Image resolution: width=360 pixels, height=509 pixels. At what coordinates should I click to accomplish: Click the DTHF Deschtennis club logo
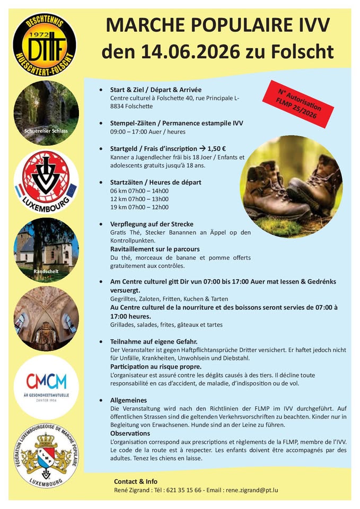click(x=45, y=45)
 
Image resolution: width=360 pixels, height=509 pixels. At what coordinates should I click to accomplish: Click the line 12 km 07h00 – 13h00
click(x=139, y=199)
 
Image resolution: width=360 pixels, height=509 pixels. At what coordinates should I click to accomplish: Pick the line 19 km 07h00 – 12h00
click(x=139, y=207)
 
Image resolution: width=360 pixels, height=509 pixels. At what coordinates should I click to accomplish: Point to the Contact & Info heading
click(x=136, y=481)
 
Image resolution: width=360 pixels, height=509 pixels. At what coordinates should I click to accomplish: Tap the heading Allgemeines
click(x=129, y=400)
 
